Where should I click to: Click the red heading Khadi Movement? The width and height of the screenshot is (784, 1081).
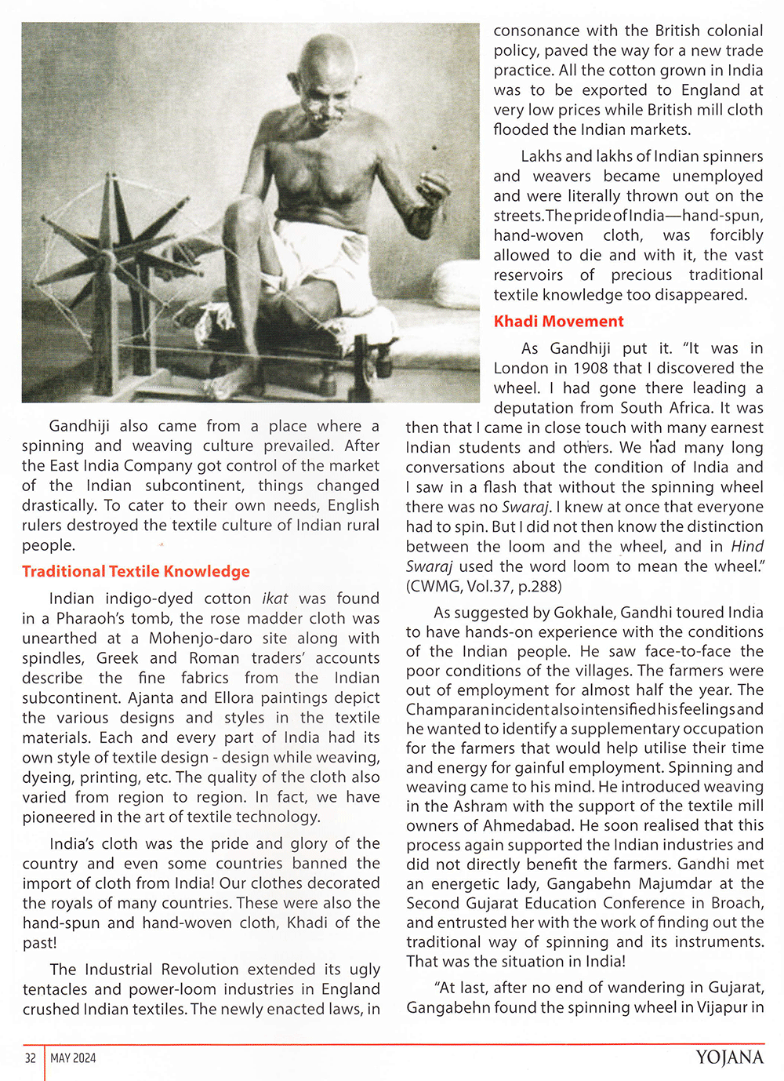558,321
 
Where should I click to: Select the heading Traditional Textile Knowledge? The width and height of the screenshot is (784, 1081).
136,571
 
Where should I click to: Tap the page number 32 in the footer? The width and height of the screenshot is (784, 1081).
31,1058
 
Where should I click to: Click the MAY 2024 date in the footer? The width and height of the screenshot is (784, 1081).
73,1058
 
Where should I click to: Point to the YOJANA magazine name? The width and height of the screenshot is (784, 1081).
728,1057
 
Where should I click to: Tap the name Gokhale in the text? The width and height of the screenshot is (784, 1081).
586,612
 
